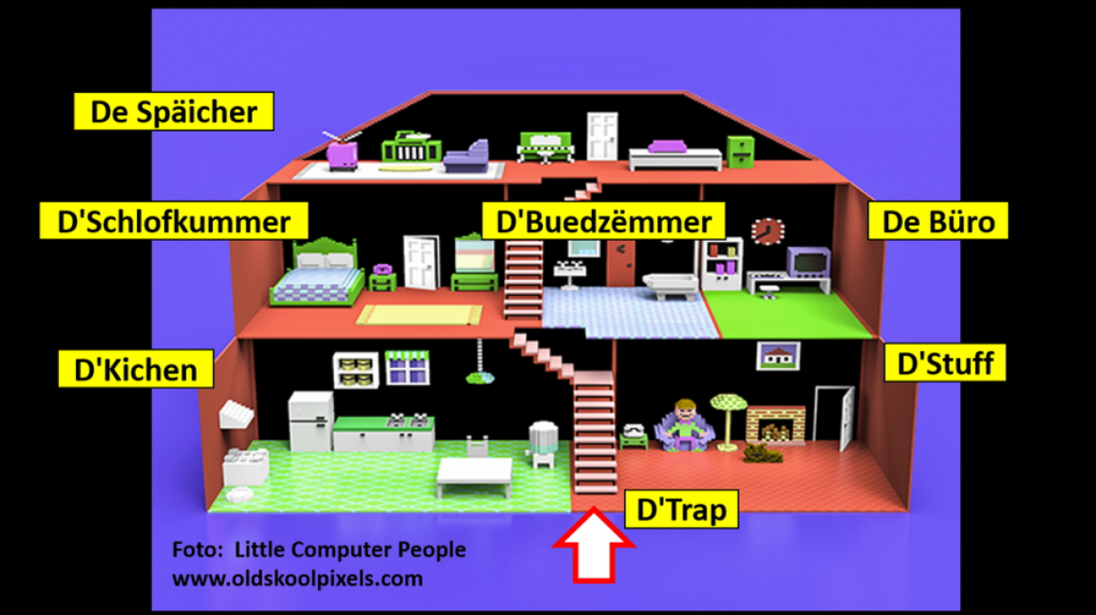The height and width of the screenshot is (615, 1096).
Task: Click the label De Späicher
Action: (x=174, y=112)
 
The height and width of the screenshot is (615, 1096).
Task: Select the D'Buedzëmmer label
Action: (x=598, y=221)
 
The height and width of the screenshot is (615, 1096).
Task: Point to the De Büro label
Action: (x=938, y=221)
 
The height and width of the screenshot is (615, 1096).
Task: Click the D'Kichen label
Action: (x=136, y=369)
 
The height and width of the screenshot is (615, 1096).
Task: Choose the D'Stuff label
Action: (x=945, y=364)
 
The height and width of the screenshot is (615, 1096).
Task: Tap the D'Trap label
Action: (x=681, y=509)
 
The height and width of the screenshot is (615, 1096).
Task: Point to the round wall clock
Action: (x=766, y=231)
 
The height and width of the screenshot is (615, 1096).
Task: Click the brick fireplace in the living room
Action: (x=775, y=424)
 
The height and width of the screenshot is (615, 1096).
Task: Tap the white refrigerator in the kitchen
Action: (x=310, y=421)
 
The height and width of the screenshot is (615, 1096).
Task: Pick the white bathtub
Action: (x=670, y=285)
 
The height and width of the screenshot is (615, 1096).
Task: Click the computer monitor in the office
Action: (x=808, y=261)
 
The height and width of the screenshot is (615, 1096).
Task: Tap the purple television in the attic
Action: (x=342, y=154)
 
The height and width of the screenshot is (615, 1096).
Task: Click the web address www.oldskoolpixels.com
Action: (x=297, y=578)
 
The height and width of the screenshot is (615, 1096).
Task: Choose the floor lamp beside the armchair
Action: (x=725, y=417)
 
